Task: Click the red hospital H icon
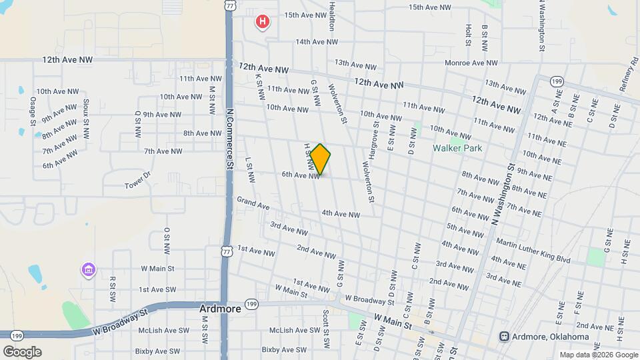click(x=263, y=21)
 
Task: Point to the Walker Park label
click(x=457, y=148)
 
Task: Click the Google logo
click(x=22, y=351)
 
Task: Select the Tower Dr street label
click(x=138, y=181)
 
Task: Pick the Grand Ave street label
click(x=253, y=203)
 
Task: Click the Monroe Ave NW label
click(x=473, y=63)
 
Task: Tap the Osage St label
click(x=33, y=110)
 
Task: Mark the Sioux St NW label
click(x=86, y=119)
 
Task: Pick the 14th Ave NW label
click(x=317, y=42)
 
